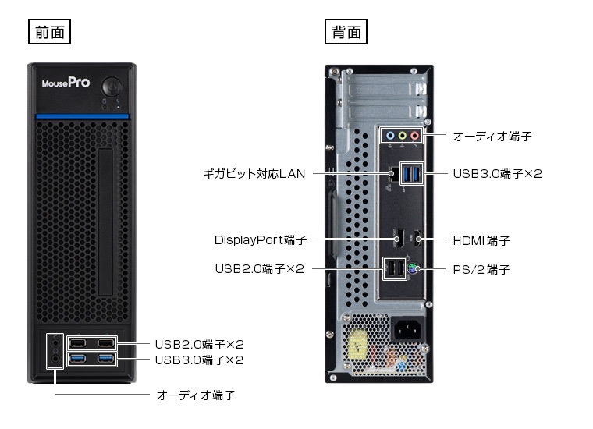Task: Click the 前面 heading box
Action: coord(49,32)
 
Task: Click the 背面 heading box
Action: coord(346,32)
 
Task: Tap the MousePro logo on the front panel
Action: coord(66,83)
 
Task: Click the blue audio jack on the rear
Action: coord(390,136)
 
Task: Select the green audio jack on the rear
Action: coord(403,136)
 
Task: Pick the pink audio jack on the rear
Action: coord(415,136)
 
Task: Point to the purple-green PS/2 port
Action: coord(413,269)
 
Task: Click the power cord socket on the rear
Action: coord(407,330)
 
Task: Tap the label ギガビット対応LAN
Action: coord(254,174)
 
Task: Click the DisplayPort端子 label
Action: coord(261,240)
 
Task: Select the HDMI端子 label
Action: coord(481,240)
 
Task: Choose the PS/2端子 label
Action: coord(481,270)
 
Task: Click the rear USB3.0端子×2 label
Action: coord(498,174)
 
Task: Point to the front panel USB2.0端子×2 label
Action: coord(199,344)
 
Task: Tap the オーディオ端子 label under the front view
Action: coord(196,395)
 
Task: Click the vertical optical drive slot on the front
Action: coord(106,222)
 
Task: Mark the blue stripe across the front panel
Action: coord(83,116)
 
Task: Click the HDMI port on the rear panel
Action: coord(417,239)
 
